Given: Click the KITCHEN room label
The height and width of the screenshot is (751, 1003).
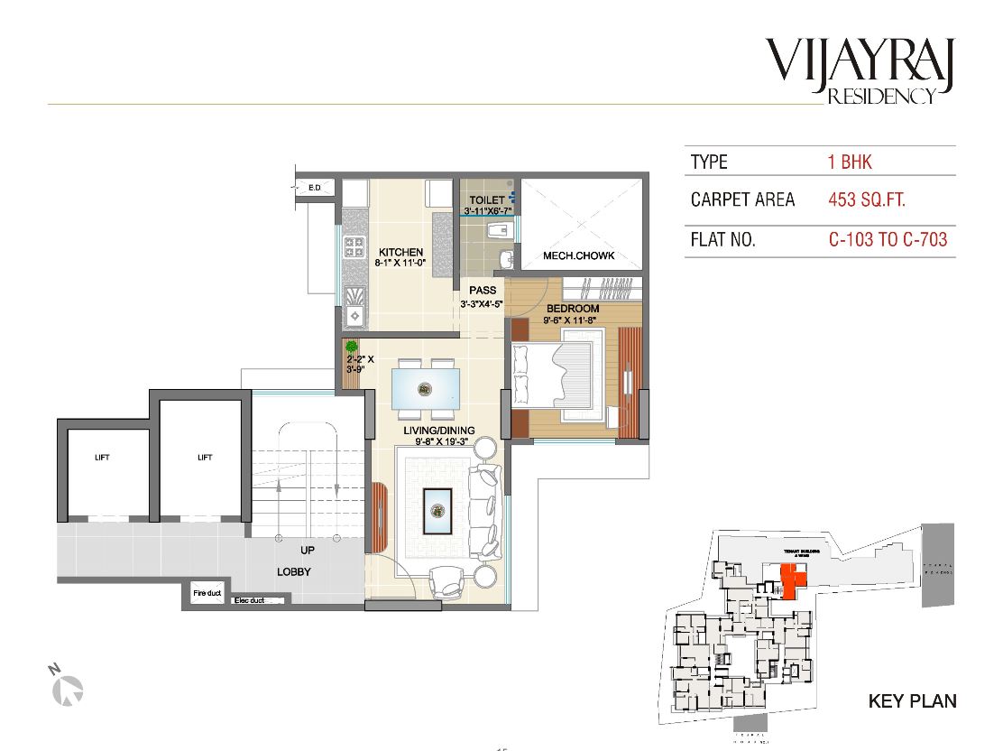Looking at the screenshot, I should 401,252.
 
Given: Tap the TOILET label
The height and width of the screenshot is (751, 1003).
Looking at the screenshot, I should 487,199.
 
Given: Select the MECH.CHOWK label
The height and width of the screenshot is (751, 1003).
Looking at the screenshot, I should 578,256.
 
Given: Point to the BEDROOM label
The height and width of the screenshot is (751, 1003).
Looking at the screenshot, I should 573,309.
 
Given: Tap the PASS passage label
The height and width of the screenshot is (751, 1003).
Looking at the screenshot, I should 483,291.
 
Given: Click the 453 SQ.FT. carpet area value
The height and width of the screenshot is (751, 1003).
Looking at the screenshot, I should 872,199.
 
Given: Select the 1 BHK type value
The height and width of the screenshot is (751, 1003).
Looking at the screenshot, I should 850,162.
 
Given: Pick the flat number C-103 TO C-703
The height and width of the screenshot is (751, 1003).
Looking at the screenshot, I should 888,240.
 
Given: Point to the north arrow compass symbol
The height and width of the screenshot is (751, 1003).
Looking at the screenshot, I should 68,689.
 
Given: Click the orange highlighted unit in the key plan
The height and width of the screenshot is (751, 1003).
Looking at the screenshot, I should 792,581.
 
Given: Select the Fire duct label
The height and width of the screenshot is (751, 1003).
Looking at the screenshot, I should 207,593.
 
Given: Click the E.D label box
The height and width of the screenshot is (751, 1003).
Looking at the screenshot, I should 315,188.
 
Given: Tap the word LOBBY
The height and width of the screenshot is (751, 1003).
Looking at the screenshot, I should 293,571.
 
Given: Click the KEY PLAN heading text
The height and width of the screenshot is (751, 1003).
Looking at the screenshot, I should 911,700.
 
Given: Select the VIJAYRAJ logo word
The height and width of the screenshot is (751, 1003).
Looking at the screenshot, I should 864,60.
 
